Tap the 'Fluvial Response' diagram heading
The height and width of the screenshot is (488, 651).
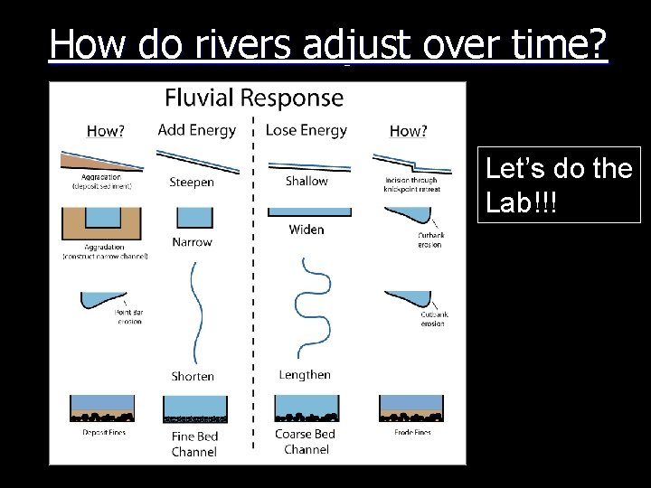[254, 98]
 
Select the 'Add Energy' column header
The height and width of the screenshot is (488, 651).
[196, 130]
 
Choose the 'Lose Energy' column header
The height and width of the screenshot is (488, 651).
[306, 130]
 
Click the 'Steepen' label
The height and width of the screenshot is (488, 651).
[192, 182]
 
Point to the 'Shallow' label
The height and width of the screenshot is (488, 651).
[307, 181]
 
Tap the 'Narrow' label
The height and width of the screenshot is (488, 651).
[192, 242]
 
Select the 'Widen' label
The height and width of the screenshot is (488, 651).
[307, 230]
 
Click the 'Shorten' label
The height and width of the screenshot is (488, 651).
[193, 376]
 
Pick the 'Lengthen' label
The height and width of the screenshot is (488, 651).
[305, 375]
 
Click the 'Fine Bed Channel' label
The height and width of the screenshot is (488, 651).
[194, 444]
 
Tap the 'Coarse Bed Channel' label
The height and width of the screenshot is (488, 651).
[306, 441]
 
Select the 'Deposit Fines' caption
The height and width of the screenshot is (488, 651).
[103, 433]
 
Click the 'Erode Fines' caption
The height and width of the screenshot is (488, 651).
[412, 433]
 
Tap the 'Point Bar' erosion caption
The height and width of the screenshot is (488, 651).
[129, 317]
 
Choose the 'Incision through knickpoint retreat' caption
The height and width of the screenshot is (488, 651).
[411, 184]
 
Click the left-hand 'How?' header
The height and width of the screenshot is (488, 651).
[106, 131]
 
